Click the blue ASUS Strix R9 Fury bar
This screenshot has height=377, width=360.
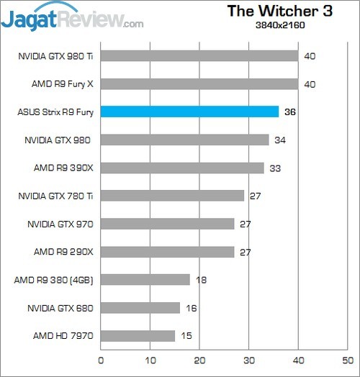tap(189, 112)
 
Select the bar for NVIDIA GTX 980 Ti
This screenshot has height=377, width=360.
tap(199, 55)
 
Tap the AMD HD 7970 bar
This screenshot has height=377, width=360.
tap(138, 335)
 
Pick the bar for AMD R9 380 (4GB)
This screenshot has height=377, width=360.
tap(145, 279)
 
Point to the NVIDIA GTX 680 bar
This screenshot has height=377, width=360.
tap(140, 307)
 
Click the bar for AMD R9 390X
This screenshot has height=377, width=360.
tap(182, 168)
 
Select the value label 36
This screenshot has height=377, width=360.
tap(290, 112)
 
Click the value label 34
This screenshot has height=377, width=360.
tap(280, 140)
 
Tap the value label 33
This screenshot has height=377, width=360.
tap(275, 168)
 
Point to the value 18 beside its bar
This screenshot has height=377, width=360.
tap(201, 280)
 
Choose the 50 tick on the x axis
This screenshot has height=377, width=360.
tap(348, 359)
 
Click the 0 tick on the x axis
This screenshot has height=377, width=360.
tap(101, 359)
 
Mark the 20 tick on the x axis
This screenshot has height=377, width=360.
tap(199, 359)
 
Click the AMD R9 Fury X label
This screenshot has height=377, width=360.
tap(63, 83)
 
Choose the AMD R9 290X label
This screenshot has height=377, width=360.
tap(63, 252)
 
